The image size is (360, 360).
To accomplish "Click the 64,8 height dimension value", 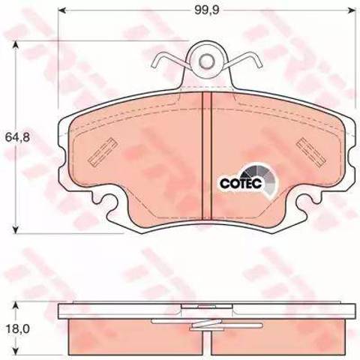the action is [x=17, y=137].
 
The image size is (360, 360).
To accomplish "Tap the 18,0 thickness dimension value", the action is [x=17, y=329].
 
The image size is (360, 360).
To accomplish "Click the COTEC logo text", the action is [x=241, y=183].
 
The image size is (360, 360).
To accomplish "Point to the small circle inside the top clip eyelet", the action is [x=206, y=61].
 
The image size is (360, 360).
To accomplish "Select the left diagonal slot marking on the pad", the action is [x=103, y=151].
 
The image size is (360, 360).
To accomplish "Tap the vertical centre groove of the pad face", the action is [x=206, y=155].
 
